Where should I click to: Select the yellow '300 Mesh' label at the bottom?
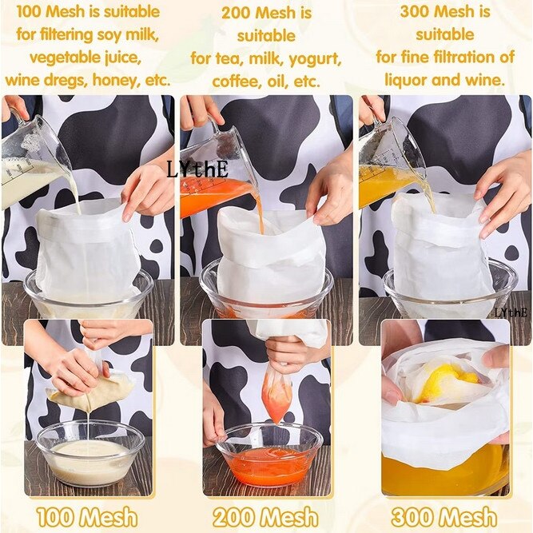coord(445,516)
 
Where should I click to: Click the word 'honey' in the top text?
coord(114,80)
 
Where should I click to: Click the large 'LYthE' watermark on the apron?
coord(197,169)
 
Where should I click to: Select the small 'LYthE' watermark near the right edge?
coord(512,312)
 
